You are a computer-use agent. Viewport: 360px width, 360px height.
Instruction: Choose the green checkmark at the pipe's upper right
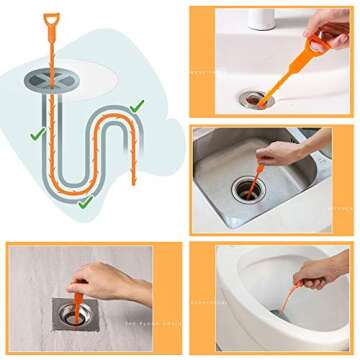pyautogui.click(x=136, y=103)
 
